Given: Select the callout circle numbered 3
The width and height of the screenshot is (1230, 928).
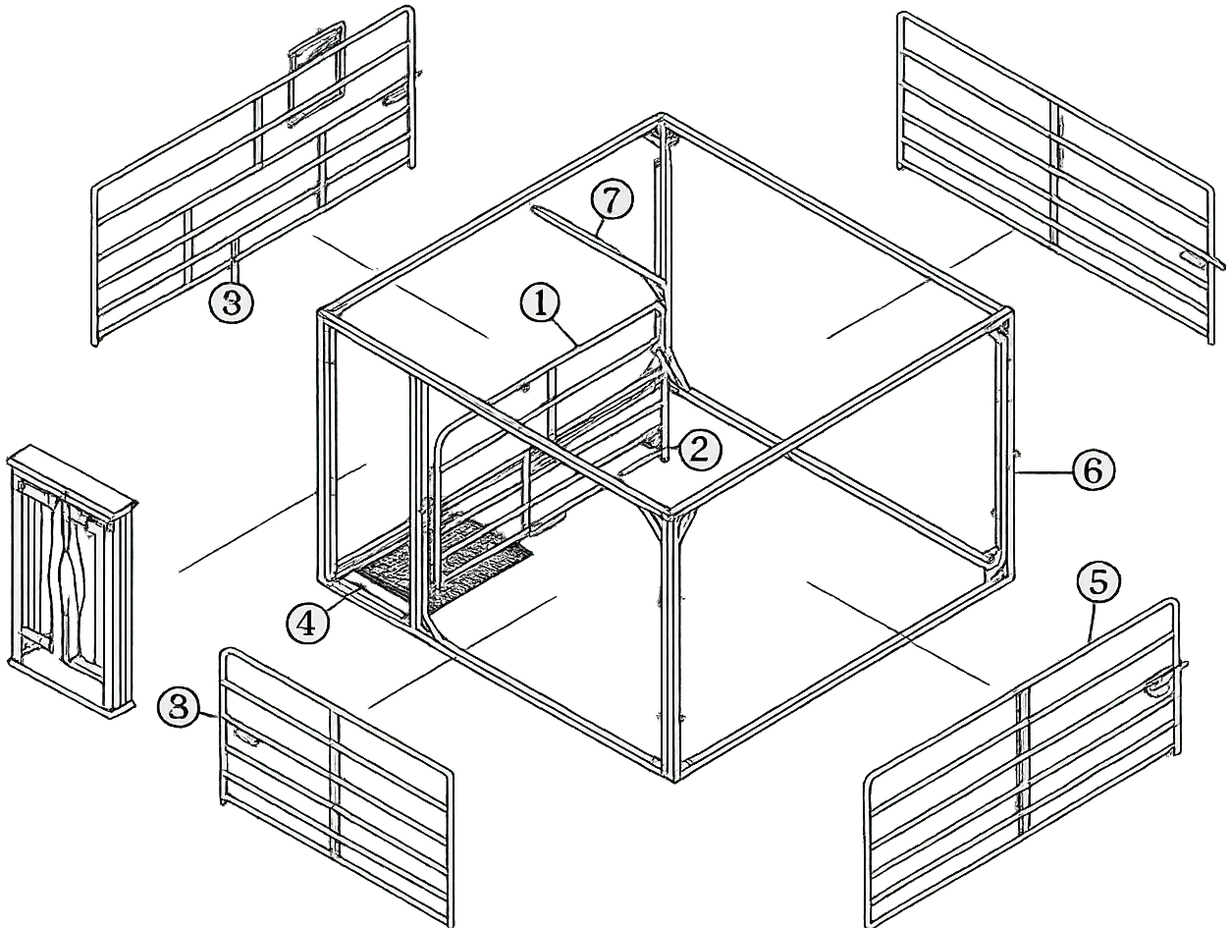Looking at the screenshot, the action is [231, 303].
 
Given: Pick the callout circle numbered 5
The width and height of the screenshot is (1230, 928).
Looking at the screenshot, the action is [1097, 582].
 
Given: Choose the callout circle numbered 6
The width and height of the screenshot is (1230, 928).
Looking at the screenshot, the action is [1094, 471].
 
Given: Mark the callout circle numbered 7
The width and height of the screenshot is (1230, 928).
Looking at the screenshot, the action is [611, 200].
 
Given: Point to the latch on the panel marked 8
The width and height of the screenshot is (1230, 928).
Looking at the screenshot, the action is [244, 737].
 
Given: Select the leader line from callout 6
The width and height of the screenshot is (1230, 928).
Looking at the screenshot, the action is [1043, 472].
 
